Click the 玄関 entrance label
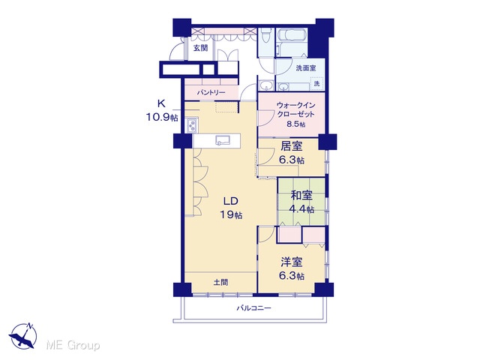coord(200,48)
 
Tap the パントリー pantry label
coord(211,92)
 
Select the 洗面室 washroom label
coord(306,68)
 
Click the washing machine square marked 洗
coord(316,83)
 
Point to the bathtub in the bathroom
coord(292,35)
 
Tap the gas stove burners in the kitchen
coord(192,125)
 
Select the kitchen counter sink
coord(223,140)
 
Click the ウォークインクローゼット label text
coord(295,109)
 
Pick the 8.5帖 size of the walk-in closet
coord(296,124)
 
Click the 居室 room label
coord(292,146)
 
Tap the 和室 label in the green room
coord(301,195)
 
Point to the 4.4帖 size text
coord(301,209)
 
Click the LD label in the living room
coord(230,201)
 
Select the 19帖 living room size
coord(232,215)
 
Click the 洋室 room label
coord(292,262)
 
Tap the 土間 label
coord(220,282)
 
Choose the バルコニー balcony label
coord(253,307)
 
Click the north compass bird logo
coord(23,336)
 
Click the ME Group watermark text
coord(73,345)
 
